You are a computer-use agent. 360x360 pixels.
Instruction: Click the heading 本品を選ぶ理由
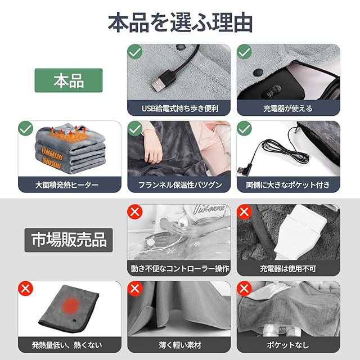pyautogui.click(x=180, y=22)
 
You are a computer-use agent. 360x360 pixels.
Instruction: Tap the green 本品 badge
pyautogui.click(x=69, y=80)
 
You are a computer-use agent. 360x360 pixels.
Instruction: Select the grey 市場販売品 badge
pyautogui.click(x=69, y=240)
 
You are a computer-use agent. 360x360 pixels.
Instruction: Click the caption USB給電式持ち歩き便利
pyautogui.click(x=180, y=109)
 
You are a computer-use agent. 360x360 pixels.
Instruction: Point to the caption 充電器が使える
pyautogui.click(x=288, y=109)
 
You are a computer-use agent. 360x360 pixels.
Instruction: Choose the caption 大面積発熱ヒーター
pyautogui.click(x=66, y=185)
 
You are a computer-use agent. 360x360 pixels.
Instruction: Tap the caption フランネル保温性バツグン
pyautogui.click(x=180, y=185)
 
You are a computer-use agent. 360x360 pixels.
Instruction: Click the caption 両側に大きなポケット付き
pyautogui.click(x=288, y=185)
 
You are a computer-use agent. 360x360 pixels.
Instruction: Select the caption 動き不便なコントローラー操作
pyautogui.click(x=180, y=268)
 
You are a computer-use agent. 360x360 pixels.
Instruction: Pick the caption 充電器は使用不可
pyautogui.click(x=288, y=268)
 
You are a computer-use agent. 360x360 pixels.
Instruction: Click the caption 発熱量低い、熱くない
pyautogui.click(x=67, y=345)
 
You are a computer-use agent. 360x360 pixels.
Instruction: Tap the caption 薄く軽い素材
pyautogui.click(x=180, y=345)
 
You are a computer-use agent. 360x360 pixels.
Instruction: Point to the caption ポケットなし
pyautogui.click(x=288, y=345)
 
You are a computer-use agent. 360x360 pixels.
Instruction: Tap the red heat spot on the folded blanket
pyautogui.click(x=71, y=305)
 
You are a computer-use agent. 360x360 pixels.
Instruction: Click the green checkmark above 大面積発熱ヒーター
pyautogui.click(x=25, y=128)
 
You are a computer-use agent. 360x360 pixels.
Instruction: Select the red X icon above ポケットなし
pyautogui.click(x=244, y=288)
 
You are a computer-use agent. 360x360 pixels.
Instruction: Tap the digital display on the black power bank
pyautogui.click(x=271, y=91)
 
